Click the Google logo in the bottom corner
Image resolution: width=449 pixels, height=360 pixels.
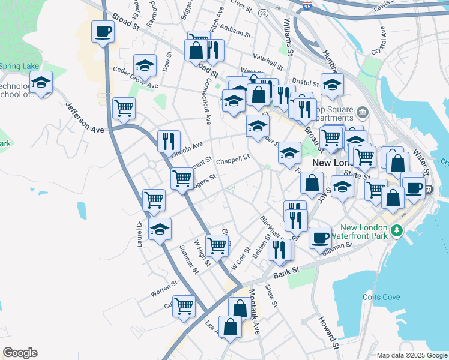pyautogui.click(x=20, y=353)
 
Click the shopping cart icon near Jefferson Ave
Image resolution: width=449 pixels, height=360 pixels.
pyautogui.click(x=124, y=109)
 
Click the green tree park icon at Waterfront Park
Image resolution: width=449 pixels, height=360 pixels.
pyautogui.click(x=396, y=231)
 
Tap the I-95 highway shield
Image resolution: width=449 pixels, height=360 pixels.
pyautogui.click(x=307, y=6)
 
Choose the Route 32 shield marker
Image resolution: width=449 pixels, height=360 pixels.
pyautogui.click(x=264, y=13)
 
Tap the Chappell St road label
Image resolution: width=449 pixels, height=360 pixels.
pyautogui.click(x=232, y=159)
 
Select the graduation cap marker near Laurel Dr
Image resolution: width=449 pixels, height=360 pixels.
pyautogui.click(x=160, y=229)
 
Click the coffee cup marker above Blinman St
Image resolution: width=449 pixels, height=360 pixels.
pyautogui.click(x=321, y=237)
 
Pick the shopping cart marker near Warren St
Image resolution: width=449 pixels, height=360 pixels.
pyautogui.click(x=184, y=306)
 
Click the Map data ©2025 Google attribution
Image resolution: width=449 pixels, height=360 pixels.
pyautogui.click(x=411, y=355)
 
